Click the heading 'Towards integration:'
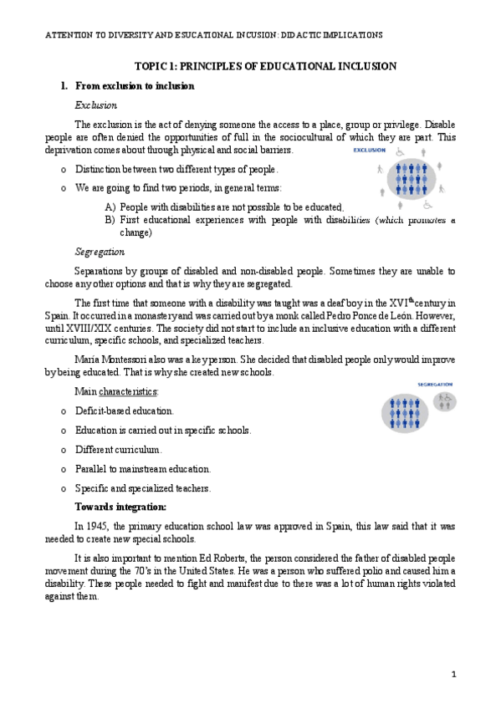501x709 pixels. coord(120,508)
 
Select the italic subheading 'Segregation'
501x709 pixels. coord(100,252)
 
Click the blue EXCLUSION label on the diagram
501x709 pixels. coord(370,150)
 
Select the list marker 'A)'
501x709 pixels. coord(110,207)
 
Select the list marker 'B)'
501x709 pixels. coord(110,220)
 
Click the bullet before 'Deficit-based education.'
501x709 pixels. coord(64,411)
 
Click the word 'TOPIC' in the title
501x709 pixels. coord(153,66)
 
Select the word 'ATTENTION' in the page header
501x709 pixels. coord(68,35)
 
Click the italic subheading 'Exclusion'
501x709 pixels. coord(96,105)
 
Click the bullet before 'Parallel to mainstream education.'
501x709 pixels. coord(64,469)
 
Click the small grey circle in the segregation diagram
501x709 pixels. coord(445,402)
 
